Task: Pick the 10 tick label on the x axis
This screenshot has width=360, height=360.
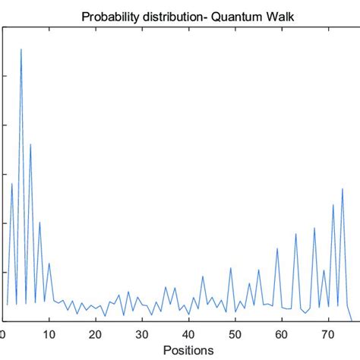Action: coord(49,334)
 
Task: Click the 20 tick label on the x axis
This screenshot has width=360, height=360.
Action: coord(96,334)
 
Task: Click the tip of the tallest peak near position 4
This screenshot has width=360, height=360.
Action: coord(21,49)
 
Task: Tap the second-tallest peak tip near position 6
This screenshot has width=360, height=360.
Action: coord(30,144)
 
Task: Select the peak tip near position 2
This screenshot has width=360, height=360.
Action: coord(11,184)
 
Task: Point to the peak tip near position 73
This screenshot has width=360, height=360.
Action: coord(343,188)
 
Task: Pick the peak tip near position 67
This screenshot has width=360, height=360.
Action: coord(314,228)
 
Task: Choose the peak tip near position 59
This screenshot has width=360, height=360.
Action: coord(277,248)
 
